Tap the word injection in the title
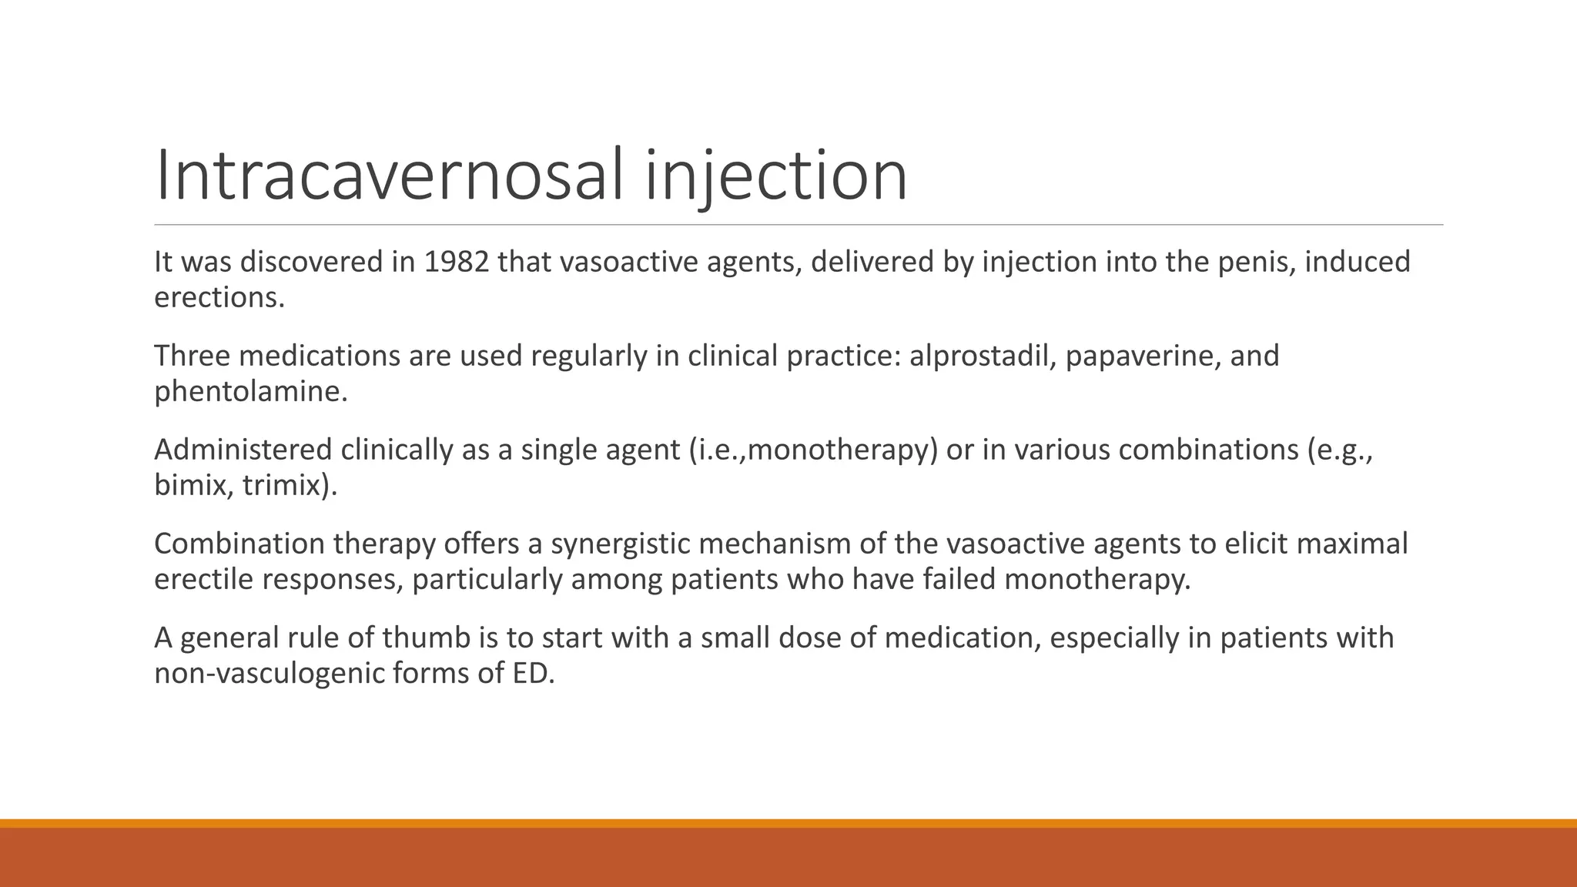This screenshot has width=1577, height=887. (776, 176)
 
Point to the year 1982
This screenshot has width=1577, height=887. (457, 263)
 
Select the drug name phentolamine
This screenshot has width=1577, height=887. (250, 392)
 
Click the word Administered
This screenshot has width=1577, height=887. (243, 450)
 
